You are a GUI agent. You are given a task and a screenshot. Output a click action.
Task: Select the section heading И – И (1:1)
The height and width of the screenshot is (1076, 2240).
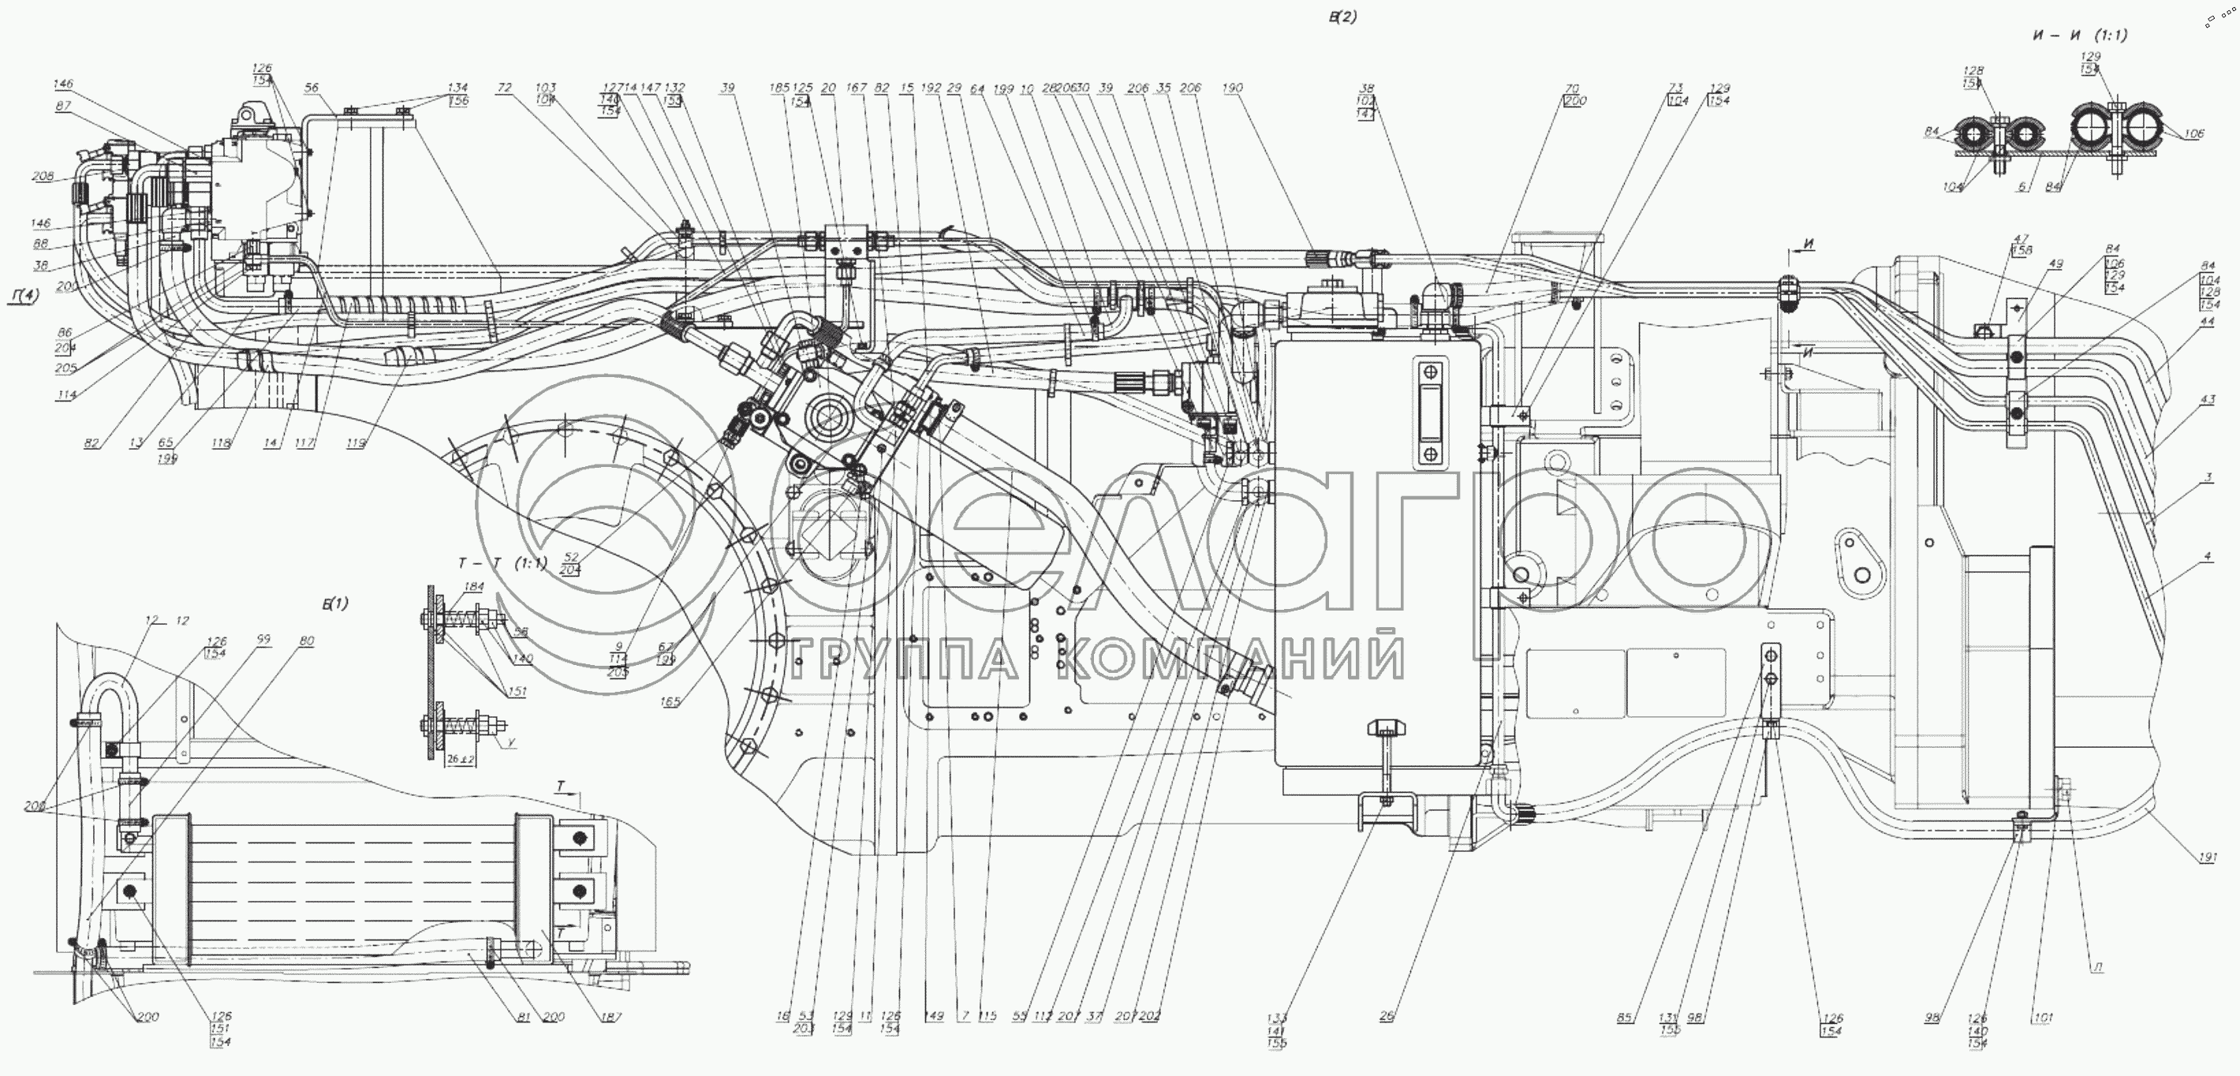(x=2079, y=35)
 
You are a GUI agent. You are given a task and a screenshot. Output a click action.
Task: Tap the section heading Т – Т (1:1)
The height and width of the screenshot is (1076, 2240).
(x=502, y=564)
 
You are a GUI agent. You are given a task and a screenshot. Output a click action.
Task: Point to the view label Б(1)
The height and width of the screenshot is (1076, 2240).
(x=334, y=603)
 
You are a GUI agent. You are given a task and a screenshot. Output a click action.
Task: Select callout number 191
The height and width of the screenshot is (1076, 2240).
(x=2208, y=857)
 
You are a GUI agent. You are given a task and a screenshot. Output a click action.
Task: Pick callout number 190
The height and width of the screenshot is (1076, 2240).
(x=1232, y=88)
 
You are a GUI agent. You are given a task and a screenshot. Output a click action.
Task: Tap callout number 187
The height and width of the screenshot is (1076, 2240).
(x=610, y=1017)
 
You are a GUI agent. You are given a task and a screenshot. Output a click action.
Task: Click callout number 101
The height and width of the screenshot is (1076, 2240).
(x=2043, y=1018)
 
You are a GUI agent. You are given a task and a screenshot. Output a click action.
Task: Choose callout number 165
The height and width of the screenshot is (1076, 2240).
(x=670, y=701)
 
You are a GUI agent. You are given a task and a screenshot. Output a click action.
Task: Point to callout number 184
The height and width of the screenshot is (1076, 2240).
(x=474, y=587)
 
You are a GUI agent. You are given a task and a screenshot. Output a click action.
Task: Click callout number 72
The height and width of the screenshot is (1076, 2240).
(x=504, y=88)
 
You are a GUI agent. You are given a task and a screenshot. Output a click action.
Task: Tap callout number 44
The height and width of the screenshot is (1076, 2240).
(x=2207, y=322)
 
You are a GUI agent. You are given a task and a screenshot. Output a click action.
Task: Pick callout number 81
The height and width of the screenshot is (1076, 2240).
(x=521, y=1017)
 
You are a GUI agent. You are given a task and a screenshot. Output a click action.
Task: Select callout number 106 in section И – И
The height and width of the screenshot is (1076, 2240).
(x=2195, y=134)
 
